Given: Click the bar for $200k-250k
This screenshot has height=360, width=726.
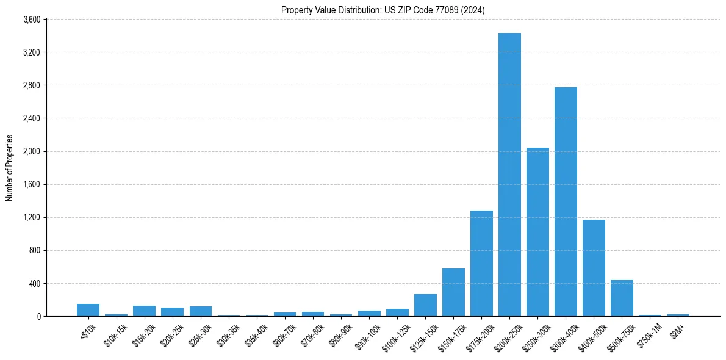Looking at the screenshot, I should click(509, 175).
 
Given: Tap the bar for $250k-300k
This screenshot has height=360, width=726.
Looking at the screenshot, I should click(537, 232).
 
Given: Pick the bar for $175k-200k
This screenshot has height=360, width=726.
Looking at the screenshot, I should click(481, 263).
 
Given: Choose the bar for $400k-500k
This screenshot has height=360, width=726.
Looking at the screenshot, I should click(594, 268).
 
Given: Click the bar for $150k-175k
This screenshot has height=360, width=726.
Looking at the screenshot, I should click(453, 292).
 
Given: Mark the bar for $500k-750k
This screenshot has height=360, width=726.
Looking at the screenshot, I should click(622, 298).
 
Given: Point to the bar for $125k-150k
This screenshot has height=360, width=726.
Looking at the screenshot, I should click(425, 305).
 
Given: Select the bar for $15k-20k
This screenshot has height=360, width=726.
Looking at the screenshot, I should click(144, 311).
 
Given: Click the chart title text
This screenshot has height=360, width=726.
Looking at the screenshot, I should click(383, 10).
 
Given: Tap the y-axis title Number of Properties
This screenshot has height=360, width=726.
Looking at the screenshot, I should click(10, 168).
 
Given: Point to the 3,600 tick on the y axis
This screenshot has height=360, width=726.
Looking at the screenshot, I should click(31, 20).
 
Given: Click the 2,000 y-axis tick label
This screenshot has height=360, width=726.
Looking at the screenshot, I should click(31, 151).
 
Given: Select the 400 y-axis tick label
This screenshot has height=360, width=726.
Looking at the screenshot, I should click(34, 283).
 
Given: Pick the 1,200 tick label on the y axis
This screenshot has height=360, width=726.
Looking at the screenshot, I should click(31, 217).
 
